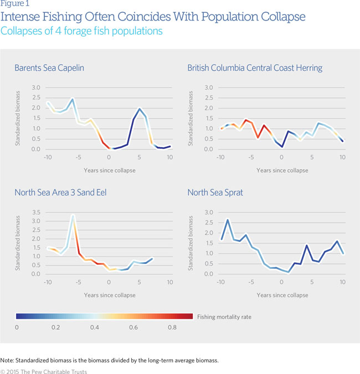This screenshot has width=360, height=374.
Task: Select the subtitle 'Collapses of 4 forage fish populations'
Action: (x=81, y=31)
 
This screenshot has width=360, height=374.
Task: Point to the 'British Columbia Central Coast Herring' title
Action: (x=255, y=68)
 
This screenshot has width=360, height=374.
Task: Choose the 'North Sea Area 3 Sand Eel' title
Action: (x=61, y=193)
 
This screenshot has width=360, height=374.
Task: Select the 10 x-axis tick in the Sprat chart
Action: (x=343, y=282)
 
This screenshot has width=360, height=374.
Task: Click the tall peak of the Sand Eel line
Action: (x=73, y=215)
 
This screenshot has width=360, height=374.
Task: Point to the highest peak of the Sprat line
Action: (x=228, y=220)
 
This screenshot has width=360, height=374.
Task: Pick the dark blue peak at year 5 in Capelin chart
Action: (x=140, y=109)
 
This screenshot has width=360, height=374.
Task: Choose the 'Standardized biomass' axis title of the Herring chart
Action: (x=192, y=118)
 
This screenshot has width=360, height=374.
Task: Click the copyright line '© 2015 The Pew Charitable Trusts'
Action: (x=44, y=372)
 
